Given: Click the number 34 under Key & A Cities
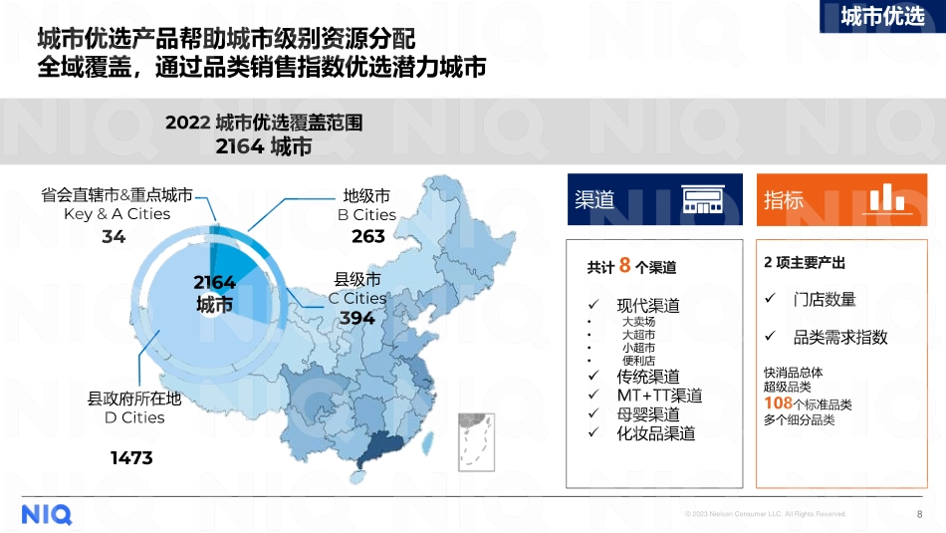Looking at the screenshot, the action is click(x=114, y=237).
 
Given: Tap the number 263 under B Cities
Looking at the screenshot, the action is click(x=368, y=237).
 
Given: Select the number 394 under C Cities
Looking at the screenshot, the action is click(x=357, y=318).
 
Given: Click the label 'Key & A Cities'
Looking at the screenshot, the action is click(x=117, y=214).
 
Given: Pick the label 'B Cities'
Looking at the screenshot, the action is click(x=366, y=215).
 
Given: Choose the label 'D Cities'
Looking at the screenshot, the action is click(x=134, y=417).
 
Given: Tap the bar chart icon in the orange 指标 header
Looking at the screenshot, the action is click(x=879, y=198).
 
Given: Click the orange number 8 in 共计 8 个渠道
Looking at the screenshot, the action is click(x=625, y=265).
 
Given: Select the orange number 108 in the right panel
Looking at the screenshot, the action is click(x=778, y=403).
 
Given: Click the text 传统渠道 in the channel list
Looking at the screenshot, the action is click(x=648, y=377).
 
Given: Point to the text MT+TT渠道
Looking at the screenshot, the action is click(x=659, y=396).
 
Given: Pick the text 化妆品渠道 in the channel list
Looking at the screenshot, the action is click(x=656, y=433).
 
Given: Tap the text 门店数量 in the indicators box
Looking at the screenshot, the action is click(x=825, y=300).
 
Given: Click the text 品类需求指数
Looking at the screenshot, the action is click(x=840, y=337).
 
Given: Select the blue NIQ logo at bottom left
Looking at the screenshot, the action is click(x=47, y=514).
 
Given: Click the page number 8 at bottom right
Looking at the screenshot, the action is click(x=918, y=514).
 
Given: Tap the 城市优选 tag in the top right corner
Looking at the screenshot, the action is click(x=882, y=17).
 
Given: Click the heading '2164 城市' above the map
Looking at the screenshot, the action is click(x=264, y=147).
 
